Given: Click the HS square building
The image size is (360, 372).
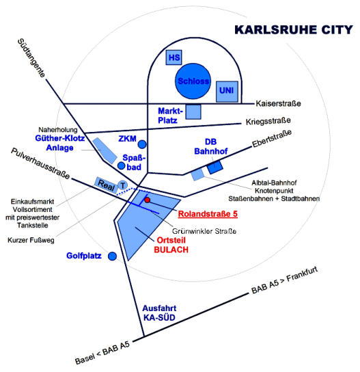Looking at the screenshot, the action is click(174, 57).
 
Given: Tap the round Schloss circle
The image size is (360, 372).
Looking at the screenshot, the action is click(193, 81).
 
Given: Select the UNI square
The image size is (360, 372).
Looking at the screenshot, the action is click(227, 92).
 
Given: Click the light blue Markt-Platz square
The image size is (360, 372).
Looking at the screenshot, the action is click(193, 111).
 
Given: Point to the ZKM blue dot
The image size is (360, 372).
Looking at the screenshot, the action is click(142, 144).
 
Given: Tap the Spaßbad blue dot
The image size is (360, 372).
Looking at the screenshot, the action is click(122, 165).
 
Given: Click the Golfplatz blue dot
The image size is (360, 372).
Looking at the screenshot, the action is click(112, 256).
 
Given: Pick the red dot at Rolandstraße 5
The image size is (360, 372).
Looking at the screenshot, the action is click(147, 200).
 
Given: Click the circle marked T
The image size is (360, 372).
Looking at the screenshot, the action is click(122, 185).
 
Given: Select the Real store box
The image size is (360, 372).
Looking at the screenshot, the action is click(106, 185).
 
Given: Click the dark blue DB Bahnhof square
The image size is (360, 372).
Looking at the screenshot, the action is click(215, 168).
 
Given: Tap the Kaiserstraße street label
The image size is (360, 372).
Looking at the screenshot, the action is click(279, 104).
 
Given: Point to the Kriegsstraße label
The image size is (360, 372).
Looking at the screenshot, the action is click(268, 121).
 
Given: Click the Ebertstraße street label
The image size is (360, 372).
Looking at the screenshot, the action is click(272, 139).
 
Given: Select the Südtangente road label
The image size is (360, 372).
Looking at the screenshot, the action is click(31, 58).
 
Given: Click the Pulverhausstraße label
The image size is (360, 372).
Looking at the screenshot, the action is click(40, 163).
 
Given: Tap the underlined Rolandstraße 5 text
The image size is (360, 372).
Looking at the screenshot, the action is click(208, 214).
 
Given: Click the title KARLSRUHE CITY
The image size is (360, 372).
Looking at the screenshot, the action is click(294, 29).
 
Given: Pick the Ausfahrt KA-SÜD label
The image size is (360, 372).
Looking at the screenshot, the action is click(159, 313).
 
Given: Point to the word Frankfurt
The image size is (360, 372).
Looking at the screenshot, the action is click(302, 274).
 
